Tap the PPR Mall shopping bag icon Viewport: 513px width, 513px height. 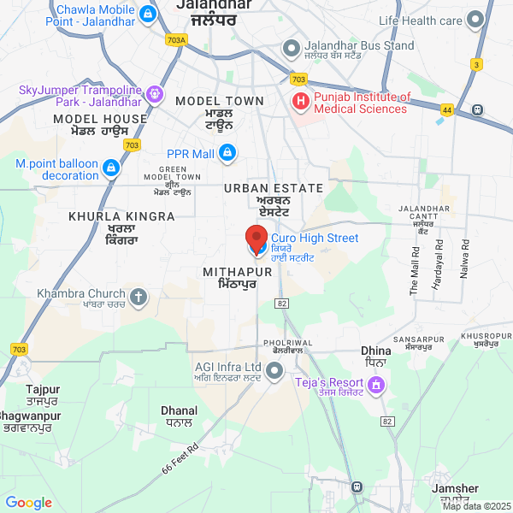coord(227,154)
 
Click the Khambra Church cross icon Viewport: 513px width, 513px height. coord(139,298)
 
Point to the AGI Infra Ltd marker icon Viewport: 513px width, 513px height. coord(274,371)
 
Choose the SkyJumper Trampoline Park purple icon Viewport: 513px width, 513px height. coord(155,94)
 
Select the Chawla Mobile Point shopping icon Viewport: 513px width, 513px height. coord(149,15)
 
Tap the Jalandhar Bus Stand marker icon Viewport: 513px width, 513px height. coord(292,48)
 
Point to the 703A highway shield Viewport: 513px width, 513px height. coord(177,39)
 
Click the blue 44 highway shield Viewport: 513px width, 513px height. coord(446,109)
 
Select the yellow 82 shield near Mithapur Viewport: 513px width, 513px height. coord(281,304)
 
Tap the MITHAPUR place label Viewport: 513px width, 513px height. coord(238,271)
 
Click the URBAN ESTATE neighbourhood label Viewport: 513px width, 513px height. coord(274,188)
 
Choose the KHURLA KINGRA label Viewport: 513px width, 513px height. coord(122,217)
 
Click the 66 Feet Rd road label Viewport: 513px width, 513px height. coord(180,459)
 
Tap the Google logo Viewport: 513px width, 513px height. coord(29,503)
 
